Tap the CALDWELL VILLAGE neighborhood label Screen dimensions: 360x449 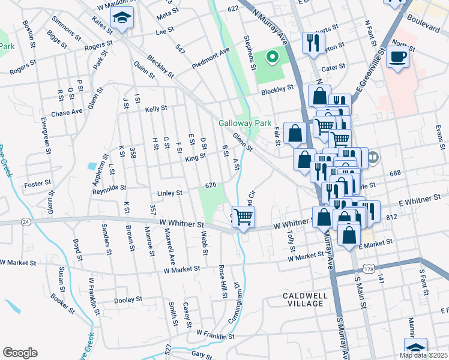[x=306, y=299]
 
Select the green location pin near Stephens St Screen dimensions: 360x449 [x=272, y=58]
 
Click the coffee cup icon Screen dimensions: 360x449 [x=398, y=58]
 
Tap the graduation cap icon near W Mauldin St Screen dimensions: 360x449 [x=122, y=19]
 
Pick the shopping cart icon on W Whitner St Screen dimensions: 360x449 [x=244, y=217]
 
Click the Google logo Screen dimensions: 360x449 [x=20, y=353]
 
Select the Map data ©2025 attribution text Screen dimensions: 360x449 [x=423, y=355]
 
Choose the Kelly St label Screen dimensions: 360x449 [x=155, y=109]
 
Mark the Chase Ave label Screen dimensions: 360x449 [x=67, y=112]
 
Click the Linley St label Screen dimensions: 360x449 [x=169, y=193]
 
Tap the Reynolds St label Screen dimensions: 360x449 [x=108, y=190]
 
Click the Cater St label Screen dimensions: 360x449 [x=334, y=67]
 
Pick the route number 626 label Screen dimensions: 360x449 [x=211, y=185]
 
